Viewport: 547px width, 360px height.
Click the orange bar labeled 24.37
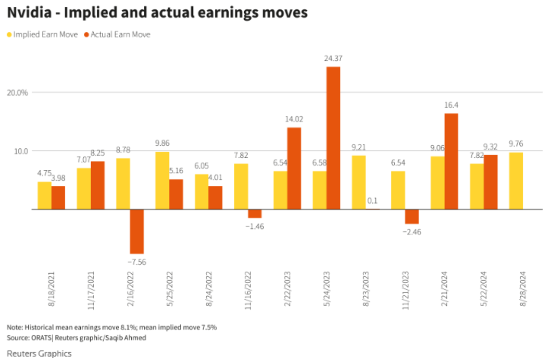pyautogui.click(x=333, y=138)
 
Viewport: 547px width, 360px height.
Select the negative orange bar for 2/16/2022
pyautogui.click(x=137, y=231)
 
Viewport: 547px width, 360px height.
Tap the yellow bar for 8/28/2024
pyautogui.click(x=516, y=181)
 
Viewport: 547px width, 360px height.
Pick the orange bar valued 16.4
pyautogui.click(x=451, y=161)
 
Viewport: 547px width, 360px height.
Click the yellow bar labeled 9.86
pyautogui.click(x=162, y=180)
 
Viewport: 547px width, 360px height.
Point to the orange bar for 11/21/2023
pyautogui.click(x=412, y=216)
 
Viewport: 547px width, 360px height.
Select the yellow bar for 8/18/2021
pyautogui.click(x=44, y=195)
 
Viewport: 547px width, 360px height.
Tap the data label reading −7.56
pyautogui.click(x=136, y=262)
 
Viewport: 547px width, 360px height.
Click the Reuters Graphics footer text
pyautogui.click(x=39, y=353)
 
